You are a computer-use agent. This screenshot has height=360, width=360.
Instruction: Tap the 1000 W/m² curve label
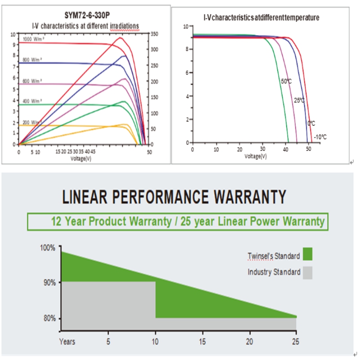32,40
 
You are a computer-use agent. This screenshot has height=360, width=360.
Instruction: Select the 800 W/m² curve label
32,59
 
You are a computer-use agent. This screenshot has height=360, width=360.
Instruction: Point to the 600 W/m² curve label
32,81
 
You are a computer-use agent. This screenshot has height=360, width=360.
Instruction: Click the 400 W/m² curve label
32,101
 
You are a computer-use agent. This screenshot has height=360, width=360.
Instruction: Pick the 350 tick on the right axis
154,34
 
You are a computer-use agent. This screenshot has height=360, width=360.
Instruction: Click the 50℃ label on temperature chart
286,81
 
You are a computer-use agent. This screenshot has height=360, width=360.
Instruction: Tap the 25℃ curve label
299,100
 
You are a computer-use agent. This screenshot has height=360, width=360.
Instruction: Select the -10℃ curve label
320,137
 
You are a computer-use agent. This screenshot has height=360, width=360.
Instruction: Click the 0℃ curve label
311,123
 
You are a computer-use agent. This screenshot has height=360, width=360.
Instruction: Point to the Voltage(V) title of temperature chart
256,156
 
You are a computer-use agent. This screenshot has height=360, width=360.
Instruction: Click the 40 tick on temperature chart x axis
286,149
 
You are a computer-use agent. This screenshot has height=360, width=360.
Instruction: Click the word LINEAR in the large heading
83,197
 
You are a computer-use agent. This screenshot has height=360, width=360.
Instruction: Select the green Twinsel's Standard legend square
308,254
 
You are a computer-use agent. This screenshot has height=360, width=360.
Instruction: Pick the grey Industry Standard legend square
308,273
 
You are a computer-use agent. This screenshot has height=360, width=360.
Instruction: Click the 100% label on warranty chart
47,248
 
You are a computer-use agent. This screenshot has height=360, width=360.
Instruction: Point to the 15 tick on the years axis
202,341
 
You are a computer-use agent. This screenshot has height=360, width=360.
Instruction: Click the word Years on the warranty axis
67,341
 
